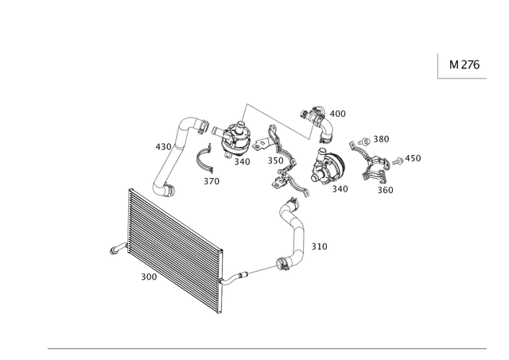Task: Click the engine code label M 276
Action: tap(464, 65)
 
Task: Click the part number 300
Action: tap(149, 277)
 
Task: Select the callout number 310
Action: tap(320, 246)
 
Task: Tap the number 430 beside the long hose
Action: tap(163, 147)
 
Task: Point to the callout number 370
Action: tap(212, 181)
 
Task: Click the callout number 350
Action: tap(276, 161)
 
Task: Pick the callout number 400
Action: tap(337, 114)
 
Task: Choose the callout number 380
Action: tap(381, 139)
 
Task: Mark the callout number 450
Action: tap(413, 158)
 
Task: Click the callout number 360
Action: tap(385, 190)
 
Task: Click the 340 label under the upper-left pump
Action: tap(242, 161)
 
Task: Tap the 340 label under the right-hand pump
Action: tap(340, 189)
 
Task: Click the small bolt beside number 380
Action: tap(364, 141)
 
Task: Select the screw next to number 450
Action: tap(398, 161)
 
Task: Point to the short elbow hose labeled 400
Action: tap(318, 123)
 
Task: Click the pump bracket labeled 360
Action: tap(371, 164)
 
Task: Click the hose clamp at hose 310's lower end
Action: tap(282, 263)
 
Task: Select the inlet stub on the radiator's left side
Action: tap(119, 249)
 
